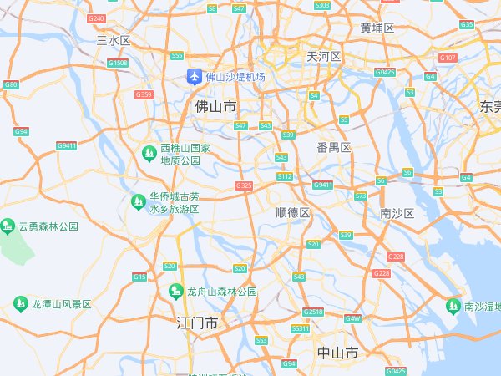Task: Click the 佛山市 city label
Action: pyautogui.click(x=215, y=107)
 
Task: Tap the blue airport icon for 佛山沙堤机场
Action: pyautogui.click(x=195, y=77)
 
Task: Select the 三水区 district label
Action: pyautogui.click(x=114, y=40)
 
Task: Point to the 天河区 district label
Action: pyautogui.click(x=324, y=57)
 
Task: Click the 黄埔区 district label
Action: pyautogui.click(x=377, y=28)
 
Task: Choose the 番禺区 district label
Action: pyautogui.click(x=333, y=147)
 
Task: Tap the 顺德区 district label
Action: pyautogui.click(x=293, y=213)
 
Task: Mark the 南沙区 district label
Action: pyautogui.click(x=397, y=213)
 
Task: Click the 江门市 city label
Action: pyautogui.click(x=198, y=323)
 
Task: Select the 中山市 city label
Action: pyautogui.click(x=338, y=353)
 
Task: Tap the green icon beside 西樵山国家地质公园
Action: pyautogui.click(x=148, y=154)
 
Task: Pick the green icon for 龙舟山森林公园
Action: pyautogui.click(x=175, y=292)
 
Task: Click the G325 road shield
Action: pyautogui.click(x=244, y=185)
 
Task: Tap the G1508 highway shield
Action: pyautogui.click(x=118, y=63)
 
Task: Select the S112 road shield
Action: pyautogui.click(x=286, y=177)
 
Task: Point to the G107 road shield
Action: pyautogui.click(x=448, y=58)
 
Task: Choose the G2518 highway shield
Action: pyautogui.click(x=313, y=312)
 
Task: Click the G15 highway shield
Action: pyautogui.click(x=139, y=277)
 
